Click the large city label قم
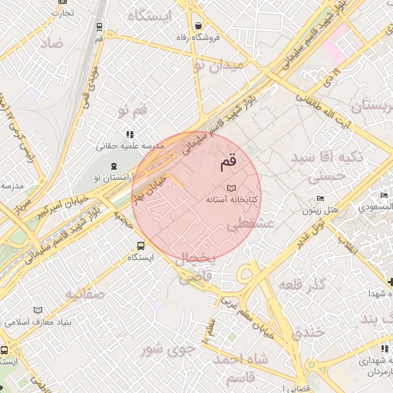tap(228, 162)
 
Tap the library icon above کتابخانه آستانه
tap(232, 187)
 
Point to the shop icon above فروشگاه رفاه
tap(199, 25)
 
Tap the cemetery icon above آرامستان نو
tap(114, 166)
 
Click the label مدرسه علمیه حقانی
tap(127, 145)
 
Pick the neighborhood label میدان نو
tap(220, 66)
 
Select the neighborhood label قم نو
tap(131, 112)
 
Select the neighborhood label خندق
tap(309, 332)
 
